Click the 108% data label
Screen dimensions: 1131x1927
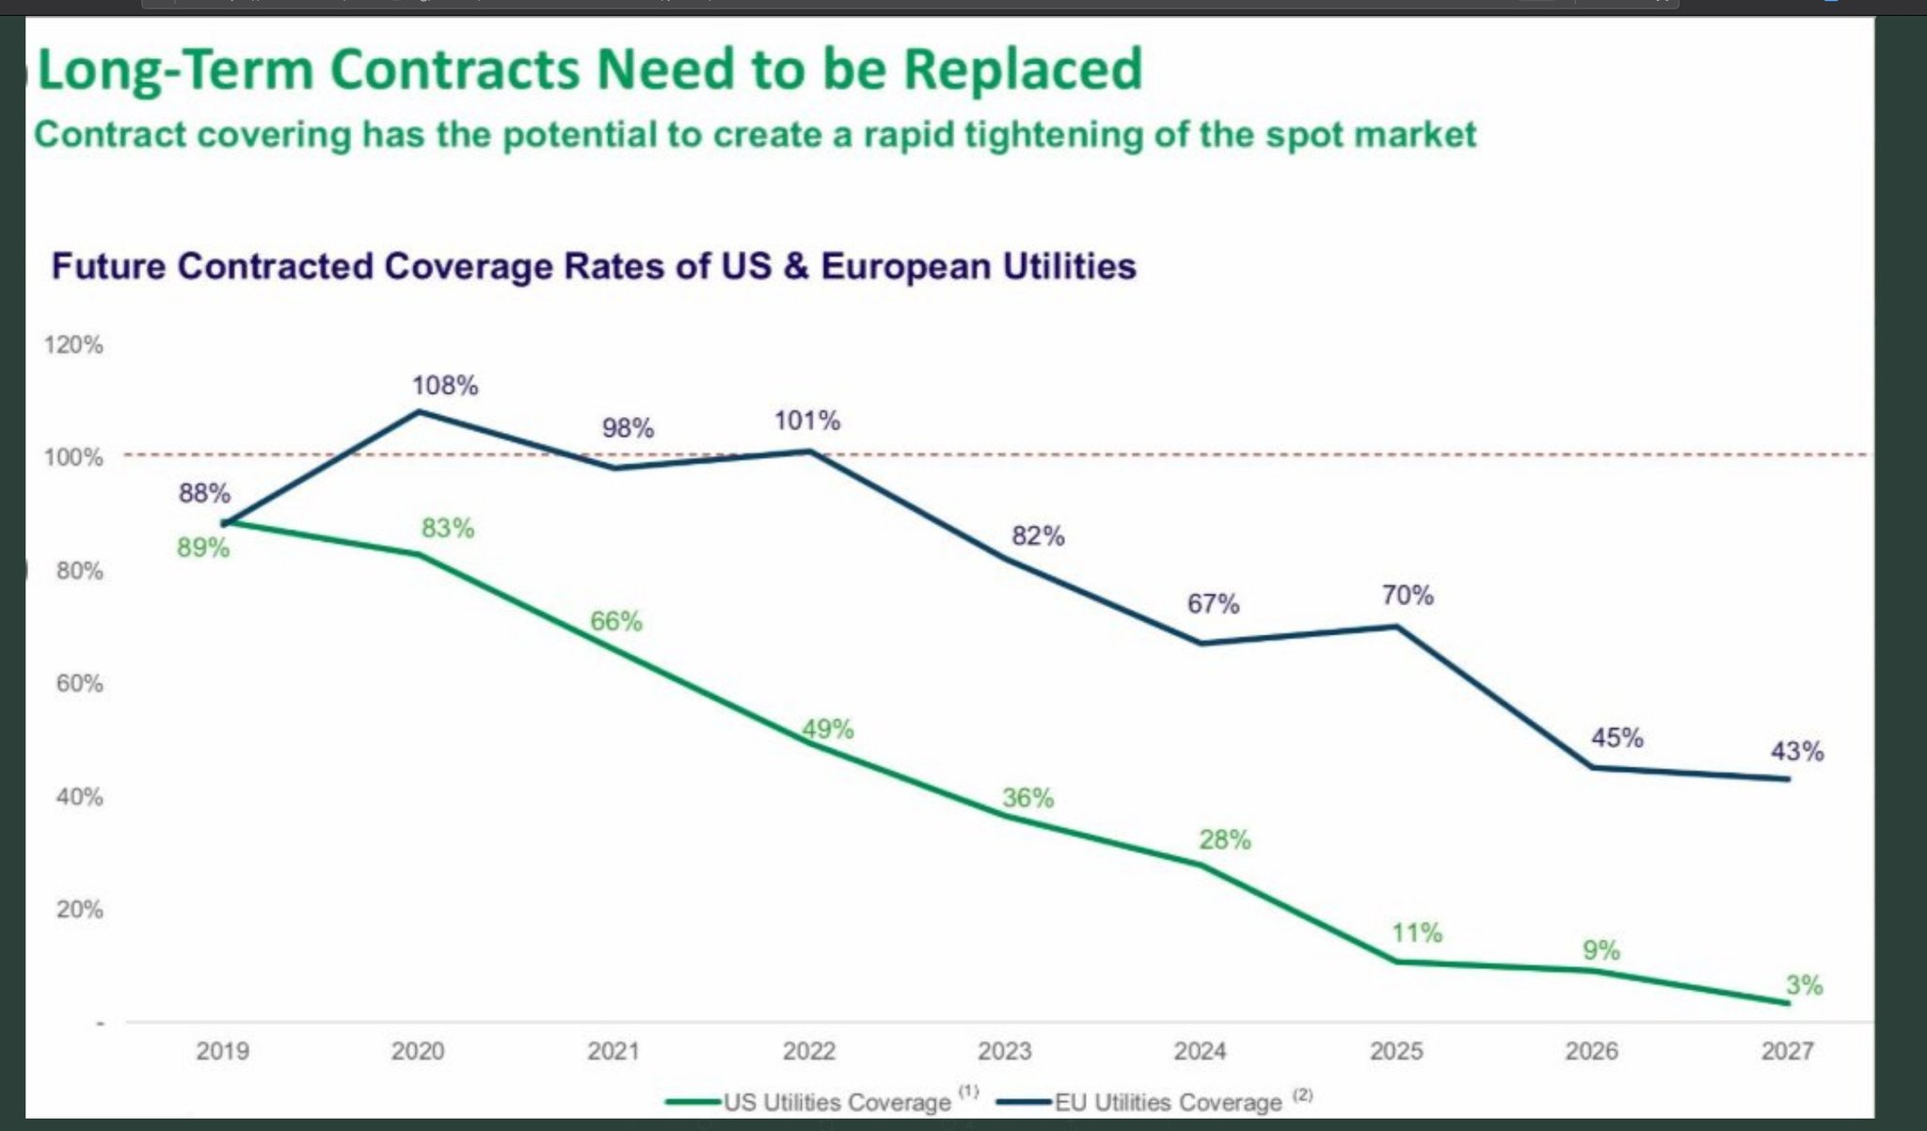click(x=445, y=386)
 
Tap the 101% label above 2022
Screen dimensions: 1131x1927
click(x=807, y=421)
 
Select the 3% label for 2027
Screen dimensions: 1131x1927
click(x=1804, y=985)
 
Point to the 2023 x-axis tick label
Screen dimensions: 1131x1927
click(x=1004, y=1051)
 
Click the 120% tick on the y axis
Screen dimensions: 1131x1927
click(x=73, y=345)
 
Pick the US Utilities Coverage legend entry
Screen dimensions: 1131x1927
click(x=836, y=1102)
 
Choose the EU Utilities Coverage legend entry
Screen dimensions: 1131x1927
click(x=1168, y=1102)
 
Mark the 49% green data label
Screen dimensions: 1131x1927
click(x=828, y=729)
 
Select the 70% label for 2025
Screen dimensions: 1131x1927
click(x=1408, y=596)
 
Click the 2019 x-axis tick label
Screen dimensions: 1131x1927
click(x=222, y=1051)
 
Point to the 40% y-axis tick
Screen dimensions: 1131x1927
click(x=79, y=797)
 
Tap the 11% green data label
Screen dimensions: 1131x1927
click(x=1417, y=933)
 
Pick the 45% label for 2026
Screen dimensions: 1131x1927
click(x=1616, y=738)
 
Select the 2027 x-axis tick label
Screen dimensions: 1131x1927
click(x=1787, y=1051)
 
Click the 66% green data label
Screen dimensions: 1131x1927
click(x=616, y=621)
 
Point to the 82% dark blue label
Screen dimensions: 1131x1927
click(x=1038, y=536)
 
